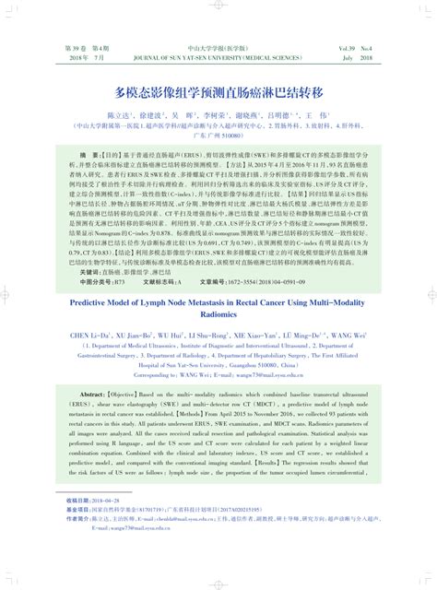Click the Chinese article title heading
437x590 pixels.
tap(218, 93)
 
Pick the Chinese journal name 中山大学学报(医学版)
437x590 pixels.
tap(218, 47)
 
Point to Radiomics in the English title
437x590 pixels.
tap(218, 290)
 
